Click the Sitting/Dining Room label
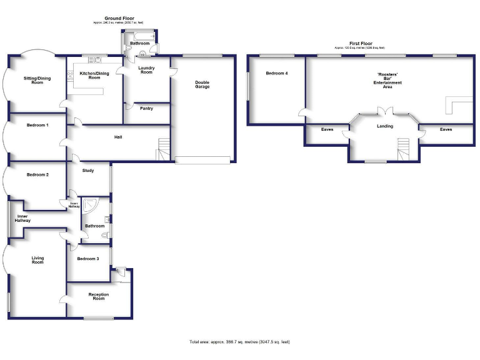tap(36, 80)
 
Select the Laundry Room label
tap(146, 70)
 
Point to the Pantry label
tap(147, 109)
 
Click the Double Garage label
tap(202, 84)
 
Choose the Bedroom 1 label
tap(37, 125)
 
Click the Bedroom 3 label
tap(87, 259)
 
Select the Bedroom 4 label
tap(277, 74)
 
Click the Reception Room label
tap(98, 297)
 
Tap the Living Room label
tap(37, 259)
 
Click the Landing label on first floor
tap(385, 127)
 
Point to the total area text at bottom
tap(240, 342)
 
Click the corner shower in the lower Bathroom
tap(91, 205)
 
